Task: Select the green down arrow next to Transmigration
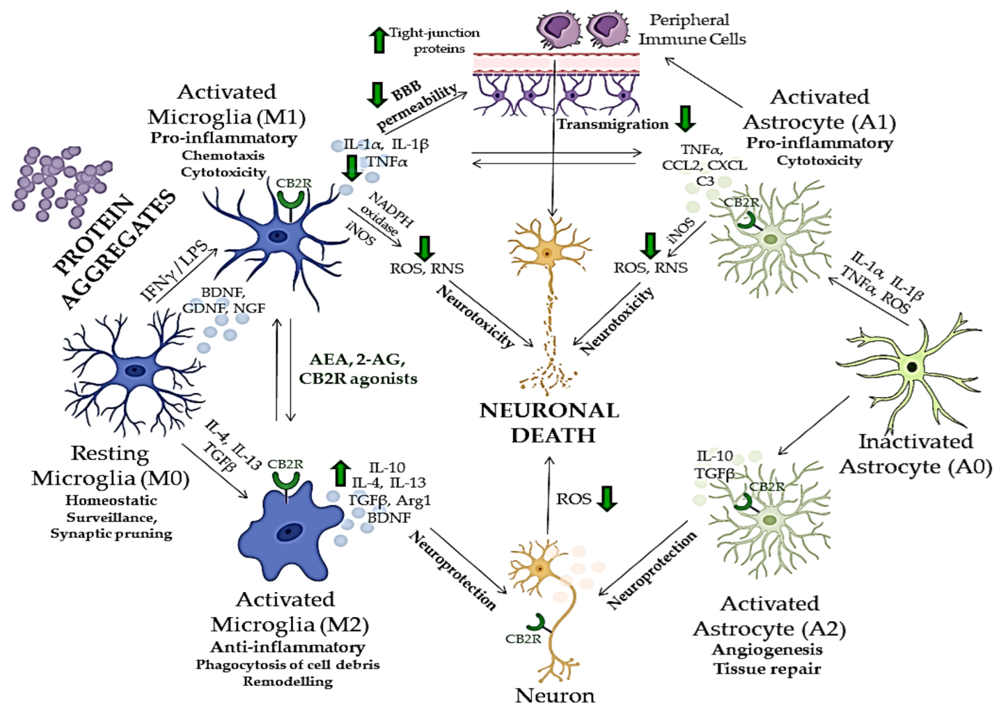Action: point(685,118)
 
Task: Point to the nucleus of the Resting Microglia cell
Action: point(135,370)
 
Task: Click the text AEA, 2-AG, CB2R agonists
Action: point(357,369)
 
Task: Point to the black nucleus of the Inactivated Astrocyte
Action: point(912,367)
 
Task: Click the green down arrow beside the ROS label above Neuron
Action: point(607,498)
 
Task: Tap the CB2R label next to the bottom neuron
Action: point(523,639)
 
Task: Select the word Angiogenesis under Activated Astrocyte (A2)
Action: point(766,650)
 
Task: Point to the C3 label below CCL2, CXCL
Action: point(705,181)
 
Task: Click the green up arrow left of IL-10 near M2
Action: point(341,473)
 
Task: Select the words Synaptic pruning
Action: point(111,534)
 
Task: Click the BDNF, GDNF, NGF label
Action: point(223,300)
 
